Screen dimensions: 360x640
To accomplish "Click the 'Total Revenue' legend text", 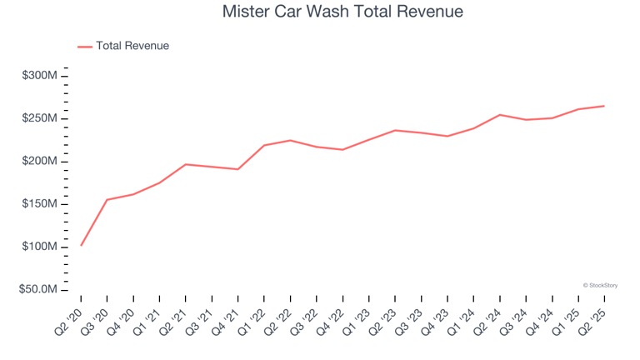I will point(132,46).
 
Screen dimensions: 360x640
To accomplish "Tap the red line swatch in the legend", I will point(85,47).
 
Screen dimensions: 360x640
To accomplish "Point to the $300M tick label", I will point(40,76).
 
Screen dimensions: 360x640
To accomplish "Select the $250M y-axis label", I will point(40,118).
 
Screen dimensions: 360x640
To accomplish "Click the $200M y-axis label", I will point(40,161).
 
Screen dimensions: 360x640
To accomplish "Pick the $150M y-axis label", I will point(40,204).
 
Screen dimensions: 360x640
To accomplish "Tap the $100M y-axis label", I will point(40,247).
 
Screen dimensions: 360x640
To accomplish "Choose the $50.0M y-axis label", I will point(38,290).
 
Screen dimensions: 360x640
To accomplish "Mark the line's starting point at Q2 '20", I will point(81,245).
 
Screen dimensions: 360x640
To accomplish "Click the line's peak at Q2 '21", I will point(186,164).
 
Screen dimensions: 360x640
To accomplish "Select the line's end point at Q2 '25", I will point(604,106).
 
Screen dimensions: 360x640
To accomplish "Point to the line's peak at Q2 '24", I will point(499,115).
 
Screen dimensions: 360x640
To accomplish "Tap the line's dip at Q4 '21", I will point(238,169).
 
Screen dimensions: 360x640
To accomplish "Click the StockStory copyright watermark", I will point(600,285).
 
